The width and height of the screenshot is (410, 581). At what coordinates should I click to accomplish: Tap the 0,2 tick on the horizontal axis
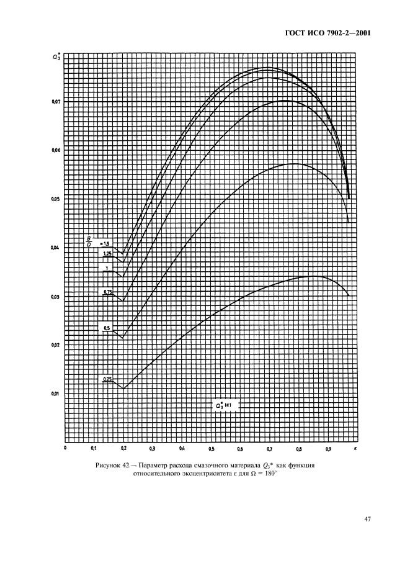coord(123,448)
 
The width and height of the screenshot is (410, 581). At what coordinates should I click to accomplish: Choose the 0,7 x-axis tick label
coord(270,448)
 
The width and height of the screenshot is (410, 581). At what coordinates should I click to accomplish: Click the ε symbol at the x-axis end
coord(355,447)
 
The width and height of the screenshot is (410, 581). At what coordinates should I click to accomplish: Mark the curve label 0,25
coord(107,379)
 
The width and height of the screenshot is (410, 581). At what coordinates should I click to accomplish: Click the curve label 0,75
coord(107,290)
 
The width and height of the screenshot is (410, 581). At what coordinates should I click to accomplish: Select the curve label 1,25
coord(107,253)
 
